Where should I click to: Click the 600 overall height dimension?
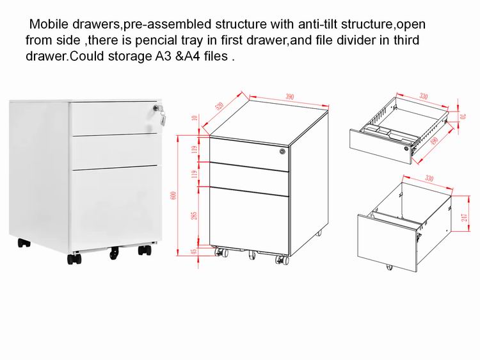click(173, 195)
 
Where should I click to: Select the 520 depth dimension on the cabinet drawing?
click(220, 106)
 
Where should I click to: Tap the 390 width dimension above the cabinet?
click(289, 97)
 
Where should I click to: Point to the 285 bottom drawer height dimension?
click(194, 215)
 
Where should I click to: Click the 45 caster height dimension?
click(194, 251)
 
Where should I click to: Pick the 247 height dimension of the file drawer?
click(465, 218)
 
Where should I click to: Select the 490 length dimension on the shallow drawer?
click(434, 142)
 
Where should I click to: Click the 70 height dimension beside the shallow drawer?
click(463, 117)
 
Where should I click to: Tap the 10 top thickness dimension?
click(194, 117)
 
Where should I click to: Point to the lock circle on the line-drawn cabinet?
click(282, 151)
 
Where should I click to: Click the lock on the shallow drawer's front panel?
click(406, 148)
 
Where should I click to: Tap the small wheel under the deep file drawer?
click(389, 267)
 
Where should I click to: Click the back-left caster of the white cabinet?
click(24, 243)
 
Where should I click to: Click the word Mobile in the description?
click(49, 24)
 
